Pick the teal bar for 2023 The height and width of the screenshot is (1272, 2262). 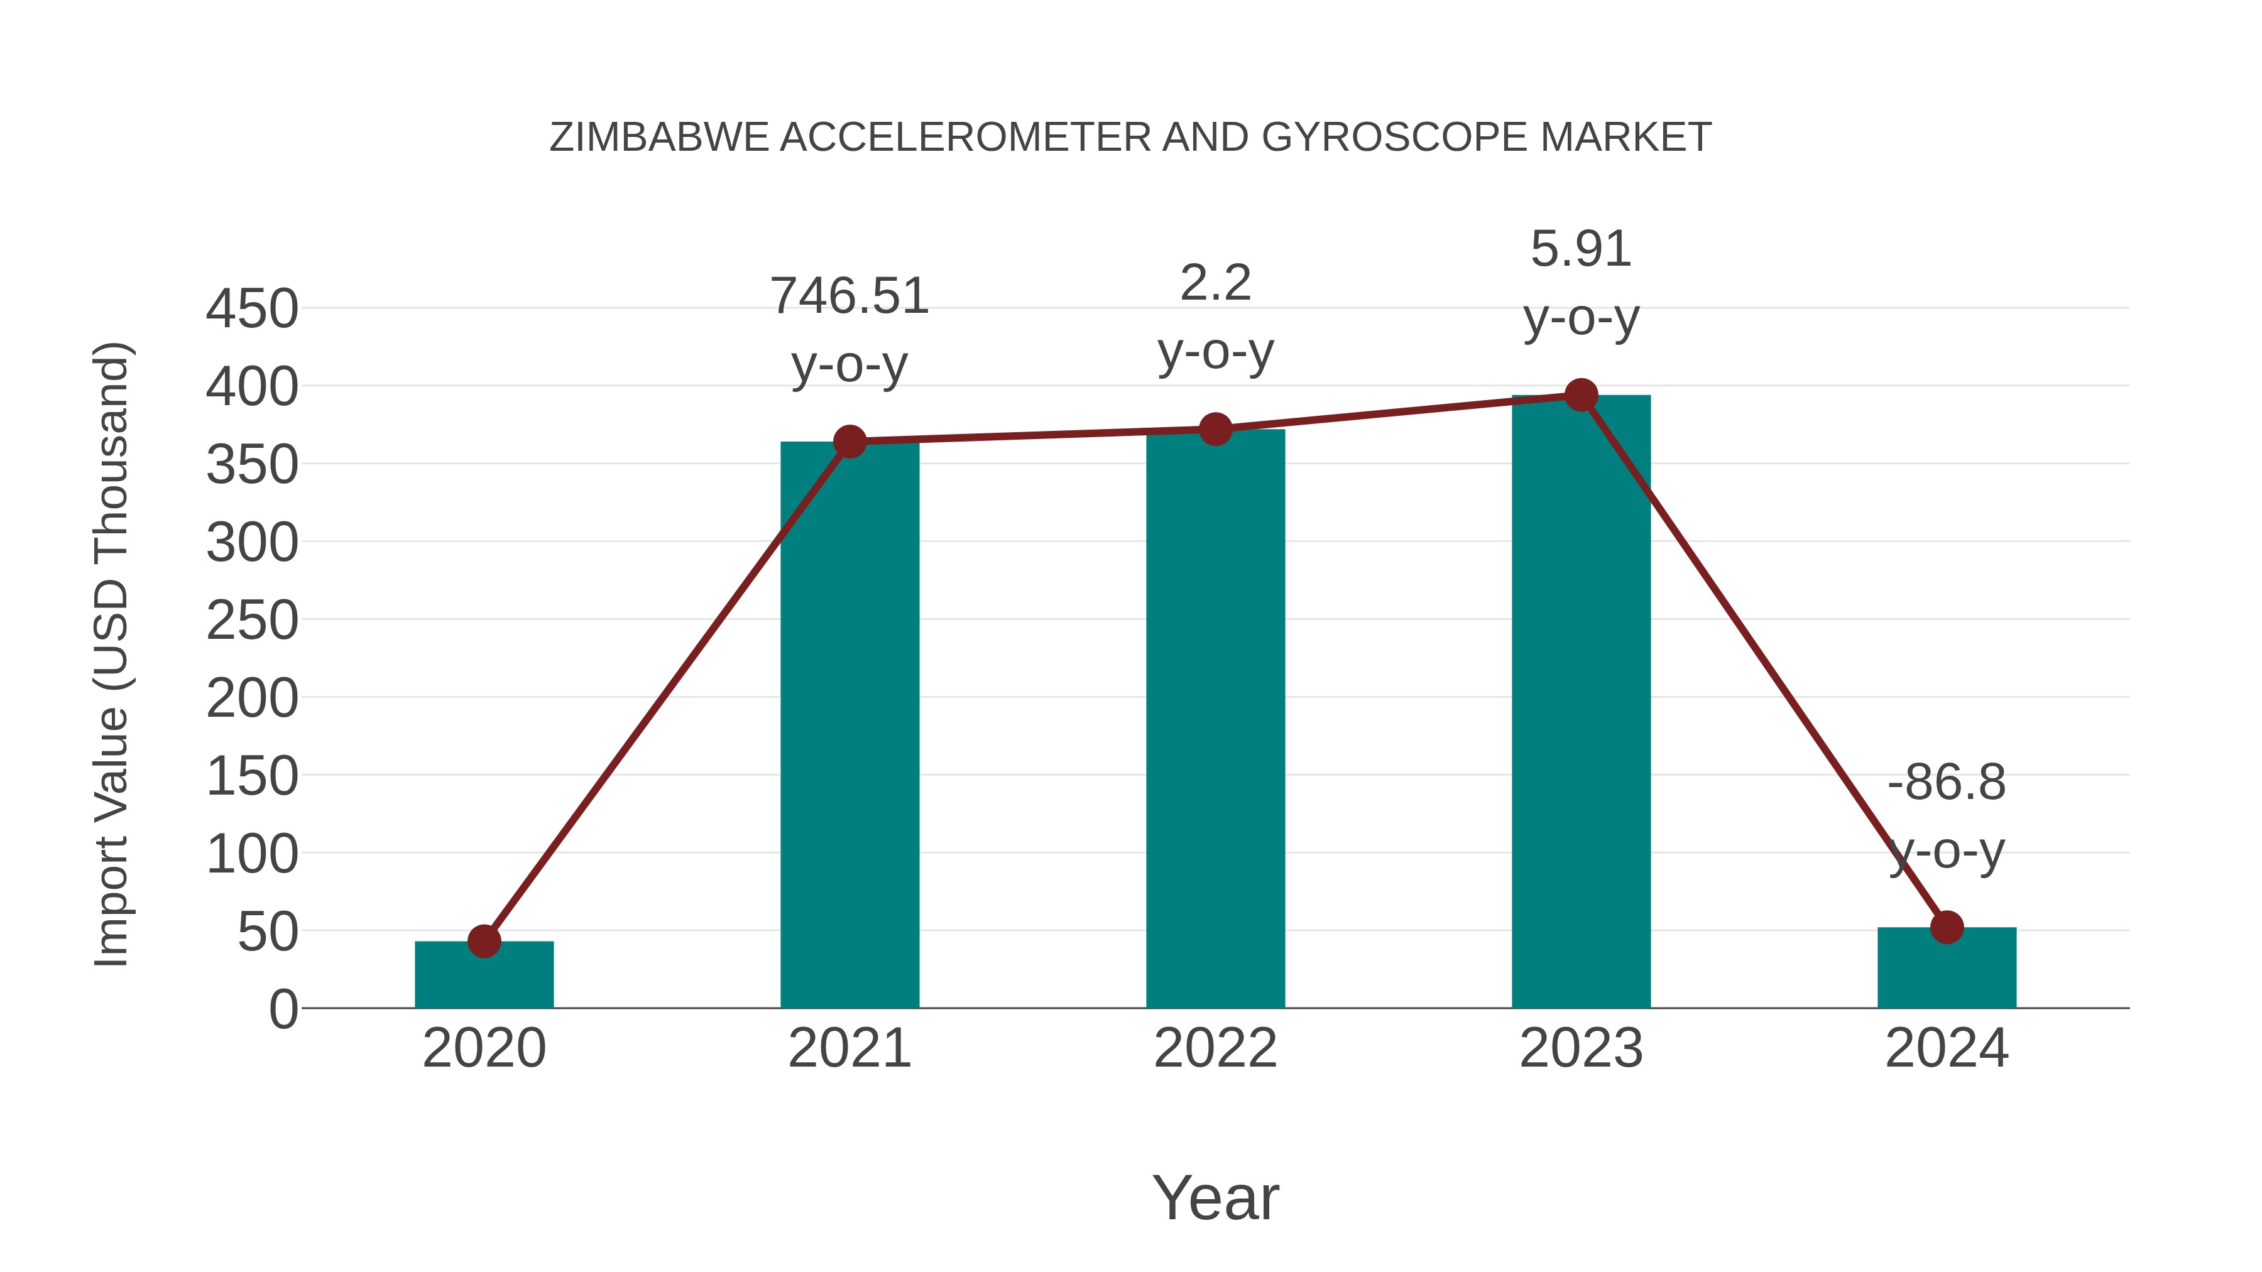[x=1581, y=702]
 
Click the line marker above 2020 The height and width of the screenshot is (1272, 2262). [x=484, y=941]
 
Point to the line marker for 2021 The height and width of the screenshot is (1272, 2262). [x=849, y=442]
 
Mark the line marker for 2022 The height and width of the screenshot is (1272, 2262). [x=1215, y=429]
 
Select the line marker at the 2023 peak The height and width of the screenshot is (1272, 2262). [x=1581, y=395]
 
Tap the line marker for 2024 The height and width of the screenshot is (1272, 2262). [x=1947, y=927]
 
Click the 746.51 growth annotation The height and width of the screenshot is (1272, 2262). [x=849, y=296]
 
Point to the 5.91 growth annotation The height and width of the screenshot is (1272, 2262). [x=1581, y=249]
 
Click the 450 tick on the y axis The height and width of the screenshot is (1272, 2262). [x=252, y=309]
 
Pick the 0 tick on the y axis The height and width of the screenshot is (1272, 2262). [x=283, y=1009]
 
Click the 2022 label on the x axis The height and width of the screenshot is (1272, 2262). [x=1215, y=1048]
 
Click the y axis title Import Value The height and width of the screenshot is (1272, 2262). [x=112, y=654]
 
